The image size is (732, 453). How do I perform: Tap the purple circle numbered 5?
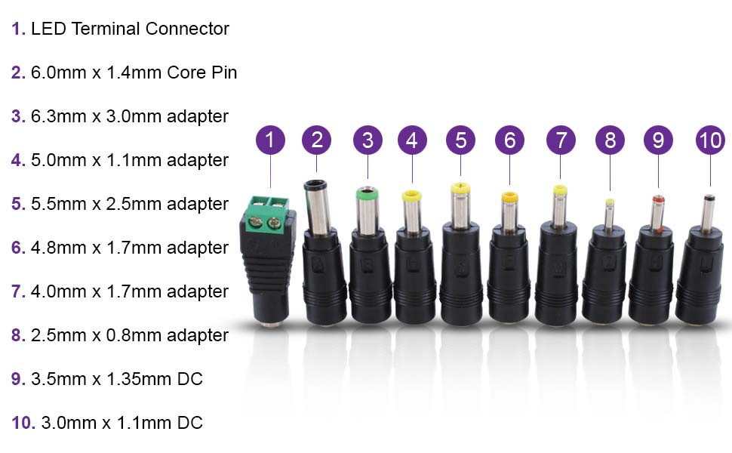(x=460, y=140)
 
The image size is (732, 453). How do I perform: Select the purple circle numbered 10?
(x=710, y=140)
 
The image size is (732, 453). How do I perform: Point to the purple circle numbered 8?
(x=610, y=140)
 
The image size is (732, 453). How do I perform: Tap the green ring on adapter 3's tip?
(x=368, y=194)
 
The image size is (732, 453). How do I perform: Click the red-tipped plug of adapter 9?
(x=658, y=202)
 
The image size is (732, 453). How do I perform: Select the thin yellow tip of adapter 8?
(x=610, y=202)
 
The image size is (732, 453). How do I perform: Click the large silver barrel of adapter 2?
(x=318, y=208)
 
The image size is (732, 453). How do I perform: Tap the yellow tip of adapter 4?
(x=411, y=197)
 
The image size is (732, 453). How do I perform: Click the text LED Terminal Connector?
(x=130, y=29)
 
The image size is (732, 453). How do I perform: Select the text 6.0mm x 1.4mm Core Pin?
(x=134, y=72)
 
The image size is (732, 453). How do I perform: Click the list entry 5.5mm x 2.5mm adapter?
(x=129, y=204)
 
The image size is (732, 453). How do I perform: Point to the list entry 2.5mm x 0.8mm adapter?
(x=129, y=335)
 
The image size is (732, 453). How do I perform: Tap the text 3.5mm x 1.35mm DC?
(x=117, y=379)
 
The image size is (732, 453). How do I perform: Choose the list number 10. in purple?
(x=23, y=423)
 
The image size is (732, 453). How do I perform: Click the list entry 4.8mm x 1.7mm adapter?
(x=129, y=248)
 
